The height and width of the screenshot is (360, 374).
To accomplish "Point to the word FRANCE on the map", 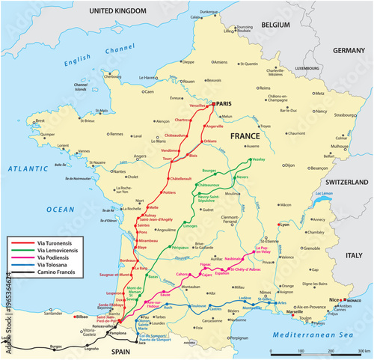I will coord(245,137).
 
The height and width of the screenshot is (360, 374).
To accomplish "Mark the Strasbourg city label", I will coord(345,115).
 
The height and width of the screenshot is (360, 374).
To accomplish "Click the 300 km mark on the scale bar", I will coord(363,350).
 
